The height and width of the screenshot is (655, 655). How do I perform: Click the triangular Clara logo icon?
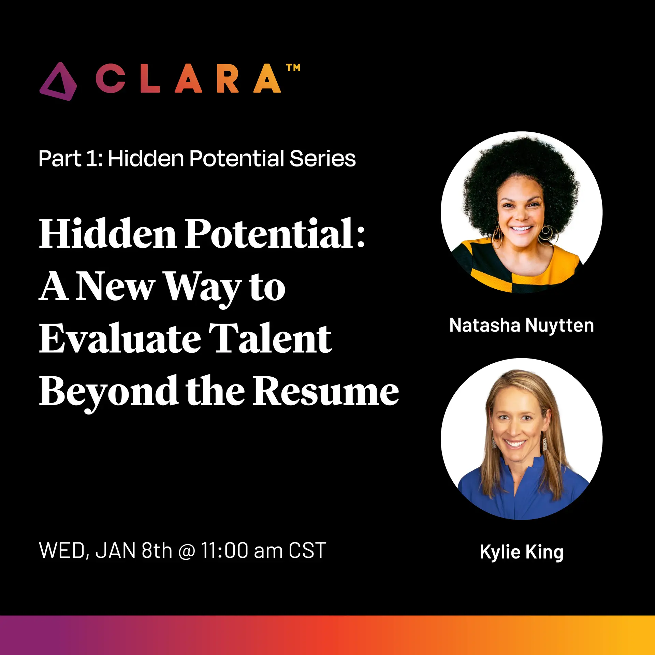click(58, 82)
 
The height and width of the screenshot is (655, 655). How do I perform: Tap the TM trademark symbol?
click(293, 68)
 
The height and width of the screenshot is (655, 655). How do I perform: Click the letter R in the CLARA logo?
click(227, 79)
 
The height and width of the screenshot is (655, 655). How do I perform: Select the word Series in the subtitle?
click(322, 159)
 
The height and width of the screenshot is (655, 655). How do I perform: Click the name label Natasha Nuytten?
click(522, 325)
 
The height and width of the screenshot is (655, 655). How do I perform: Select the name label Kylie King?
click(522, 552)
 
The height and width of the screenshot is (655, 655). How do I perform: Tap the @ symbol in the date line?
click(187, 551)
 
